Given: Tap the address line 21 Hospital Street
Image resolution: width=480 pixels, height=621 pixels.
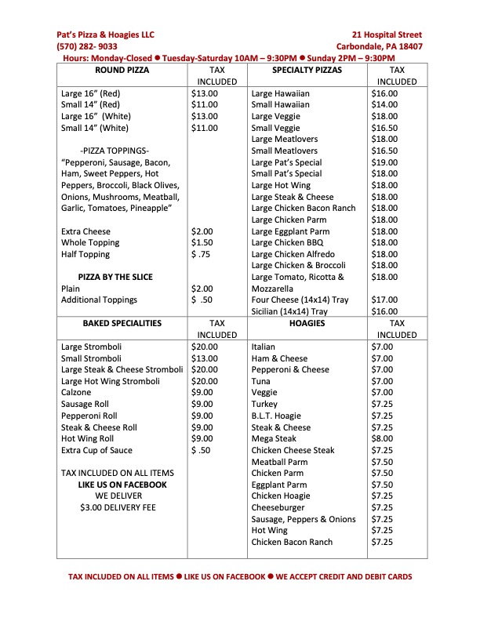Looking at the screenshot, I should click(387, 34).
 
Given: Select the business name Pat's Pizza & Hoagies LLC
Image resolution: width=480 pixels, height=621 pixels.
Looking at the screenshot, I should click(106, 34).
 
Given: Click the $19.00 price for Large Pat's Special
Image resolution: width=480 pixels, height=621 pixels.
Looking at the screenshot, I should click(384, 162).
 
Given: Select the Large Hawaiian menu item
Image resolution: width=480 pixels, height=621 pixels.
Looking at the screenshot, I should click(281, 93).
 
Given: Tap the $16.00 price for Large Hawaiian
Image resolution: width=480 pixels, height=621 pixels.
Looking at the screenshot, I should click(384, 93).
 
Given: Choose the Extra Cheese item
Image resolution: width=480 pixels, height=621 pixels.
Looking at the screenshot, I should click(85, 231).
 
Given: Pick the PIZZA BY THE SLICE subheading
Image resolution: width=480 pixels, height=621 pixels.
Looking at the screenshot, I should click(115, 277).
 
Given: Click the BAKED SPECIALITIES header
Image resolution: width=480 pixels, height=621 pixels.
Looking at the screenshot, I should click(122, 322).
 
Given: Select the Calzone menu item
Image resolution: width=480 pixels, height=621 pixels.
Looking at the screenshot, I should click(77, 393).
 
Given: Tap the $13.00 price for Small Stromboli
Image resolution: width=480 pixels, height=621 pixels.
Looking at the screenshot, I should click(204, 358).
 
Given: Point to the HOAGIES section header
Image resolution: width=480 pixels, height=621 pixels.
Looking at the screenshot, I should click(307, 322).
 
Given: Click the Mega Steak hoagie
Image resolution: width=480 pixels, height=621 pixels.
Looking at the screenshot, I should click(274, 439).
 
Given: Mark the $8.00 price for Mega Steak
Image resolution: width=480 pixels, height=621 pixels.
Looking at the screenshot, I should click(382, 439).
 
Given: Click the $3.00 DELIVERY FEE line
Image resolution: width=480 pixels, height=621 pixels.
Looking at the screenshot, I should click(118, 507).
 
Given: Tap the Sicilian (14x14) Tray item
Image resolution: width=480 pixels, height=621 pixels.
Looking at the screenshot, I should click(289, 311).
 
